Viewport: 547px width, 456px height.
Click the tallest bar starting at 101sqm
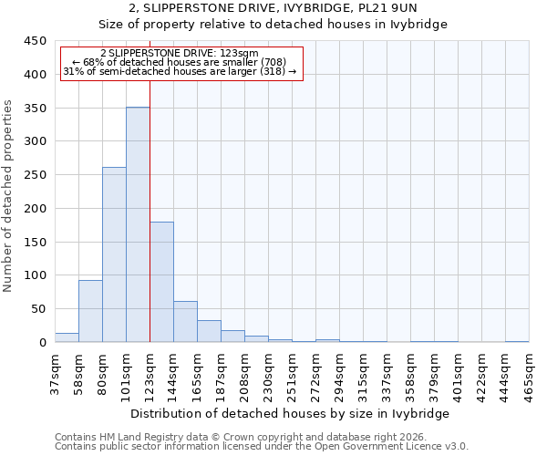click(138, 224)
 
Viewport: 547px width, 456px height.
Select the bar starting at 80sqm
click(114, 254)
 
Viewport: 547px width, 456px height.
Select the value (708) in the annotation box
click(272, 62)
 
